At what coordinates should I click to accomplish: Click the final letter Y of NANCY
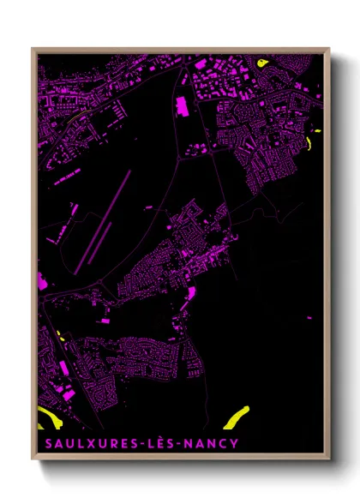[235, 443]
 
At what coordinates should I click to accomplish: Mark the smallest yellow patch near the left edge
[59, 336]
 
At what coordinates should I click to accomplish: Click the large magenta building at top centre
[182, 106]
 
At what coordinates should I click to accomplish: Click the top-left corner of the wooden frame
[33, 49]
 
